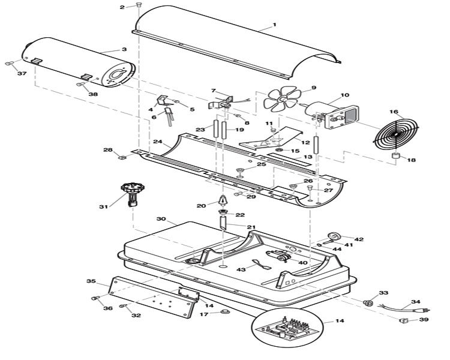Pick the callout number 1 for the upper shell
click(274, 25)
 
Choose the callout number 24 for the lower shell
click(158, 142)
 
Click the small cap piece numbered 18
click(396, 157)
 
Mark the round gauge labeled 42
click(334, 235)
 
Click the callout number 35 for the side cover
click(91, 281)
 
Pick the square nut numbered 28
click(123, 158)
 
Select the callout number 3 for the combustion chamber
click(124, 49)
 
